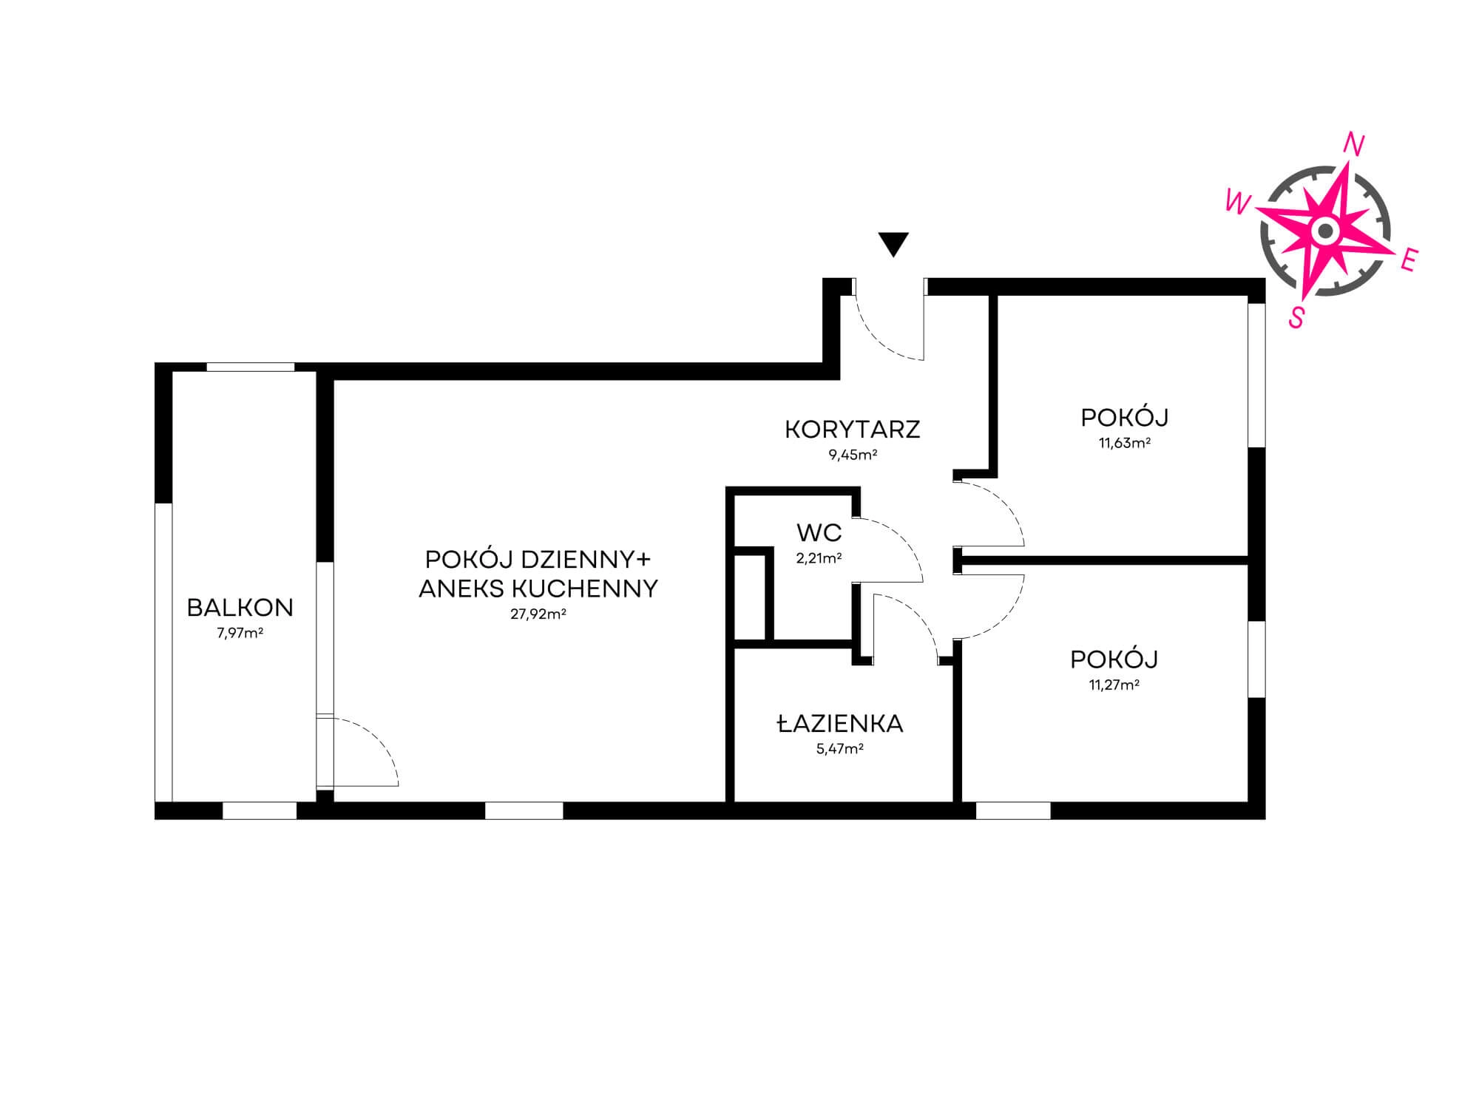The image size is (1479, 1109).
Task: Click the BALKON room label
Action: [240, 608]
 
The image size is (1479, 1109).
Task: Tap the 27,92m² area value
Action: [538, 614]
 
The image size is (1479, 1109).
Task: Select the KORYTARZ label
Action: [852, 430]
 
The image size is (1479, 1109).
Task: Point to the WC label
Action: [819, 532]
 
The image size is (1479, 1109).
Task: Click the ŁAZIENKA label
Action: [840, 723]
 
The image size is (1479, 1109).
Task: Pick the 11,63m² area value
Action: [1124, 444]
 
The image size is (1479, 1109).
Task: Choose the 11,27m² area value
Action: [1114, 685]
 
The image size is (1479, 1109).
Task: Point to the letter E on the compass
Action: [1409, 260]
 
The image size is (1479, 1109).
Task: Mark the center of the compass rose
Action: [1325, 231]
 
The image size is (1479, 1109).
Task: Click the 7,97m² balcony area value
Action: [240, 633]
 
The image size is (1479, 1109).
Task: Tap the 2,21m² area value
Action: [819, 559]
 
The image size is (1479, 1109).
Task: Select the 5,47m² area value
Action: [840, 749]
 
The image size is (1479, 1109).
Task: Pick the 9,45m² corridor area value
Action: [853, 455]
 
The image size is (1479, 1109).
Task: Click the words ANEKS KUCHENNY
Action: [538, 589]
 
